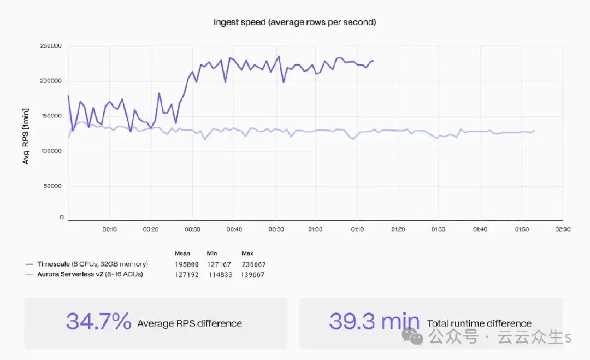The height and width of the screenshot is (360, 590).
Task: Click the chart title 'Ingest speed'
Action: click(294, 22)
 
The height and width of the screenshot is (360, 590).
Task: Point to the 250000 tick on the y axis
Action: click(51, 46)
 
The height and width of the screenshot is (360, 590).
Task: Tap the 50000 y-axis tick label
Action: click(53, 186)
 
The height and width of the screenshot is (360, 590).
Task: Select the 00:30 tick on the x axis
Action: click(192, 229)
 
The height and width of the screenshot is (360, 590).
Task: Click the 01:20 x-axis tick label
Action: click(398, 229)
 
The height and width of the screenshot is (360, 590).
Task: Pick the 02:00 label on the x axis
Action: click(562, 229)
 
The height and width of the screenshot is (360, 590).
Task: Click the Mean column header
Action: click(182, 253)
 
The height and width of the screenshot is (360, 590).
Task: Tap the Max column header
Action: click(247, 253)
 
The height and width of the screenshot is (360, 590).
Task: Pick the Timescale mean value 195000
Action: click(186, 265)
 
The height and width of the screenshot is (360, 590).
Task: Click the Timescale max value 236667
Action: click(253, 265)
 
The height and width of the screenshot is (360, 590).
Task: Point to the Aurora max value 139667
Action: click(253, 275)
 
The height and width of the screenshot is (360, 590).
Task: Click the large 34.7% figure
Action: click(99, 322)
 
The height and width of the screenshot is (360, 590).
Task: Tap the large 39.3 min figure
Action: click(374, 322)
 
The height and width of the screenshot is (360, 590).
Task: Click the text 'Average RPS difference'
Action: click(190, 323)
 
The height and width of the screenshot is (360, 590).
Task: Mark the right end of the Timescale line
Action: click(374, 61)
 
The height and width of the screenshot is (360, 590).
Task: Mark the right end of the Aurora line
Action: click(534, 131)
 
